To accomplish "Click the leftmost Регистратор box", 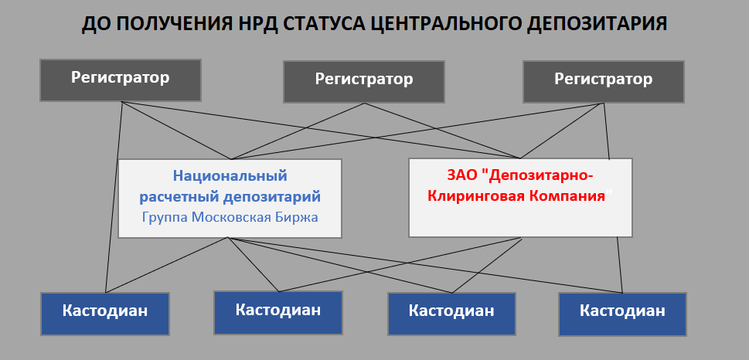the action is point(121,80).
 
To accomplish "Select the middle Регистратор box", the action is point(364,82).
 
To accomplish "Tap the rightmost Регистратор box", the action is point(604,82).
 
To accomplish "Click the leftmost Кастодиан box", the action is point(105,314).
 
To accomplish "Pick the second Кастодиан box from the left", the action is point(278,313).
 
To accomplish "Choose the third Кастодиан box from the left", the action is point(451,314).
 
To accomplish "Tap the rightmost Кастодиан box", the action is point(622,314).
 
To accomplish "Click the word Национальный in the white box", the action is point(230,175).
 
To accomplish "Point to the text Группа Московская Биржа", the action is point(230,217).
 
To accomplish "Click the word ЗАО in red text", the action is point(463,175).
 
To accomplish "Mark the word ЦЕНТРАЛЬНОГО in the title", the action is point(446,25).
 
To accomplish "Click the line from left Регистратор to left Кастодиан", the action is point(114,197).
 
